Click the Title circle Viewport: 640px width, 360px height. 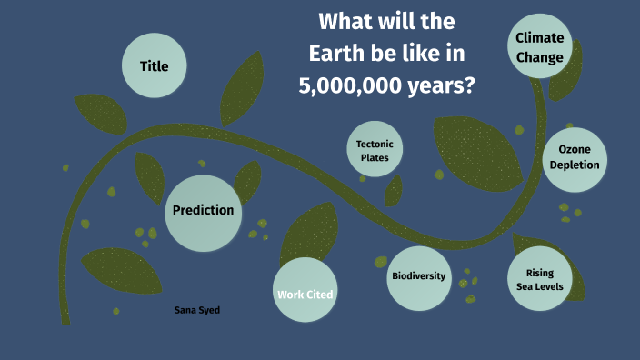coord(154,65)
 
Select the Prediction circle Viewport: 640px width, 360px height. coord(203,210)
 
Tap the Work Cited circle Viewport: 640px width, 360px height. coord(305,290)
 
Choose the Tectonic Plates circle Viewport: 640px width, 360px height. coord(374,150)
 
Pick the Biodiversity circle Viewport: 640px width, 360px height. coord(419,276)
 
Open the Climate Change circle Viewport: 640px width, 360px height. coord(540,46)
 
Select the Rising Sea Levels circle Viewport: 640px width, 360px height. coord(540,279)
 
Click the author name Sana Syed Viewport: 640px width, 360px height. coord(197,310)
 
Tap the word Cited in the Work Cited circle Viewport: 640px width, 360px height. coord(320,295)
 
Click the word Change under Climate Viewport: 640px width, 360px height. coord(540,56)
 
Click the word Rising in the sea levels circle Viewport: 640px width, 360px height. coord(540,273)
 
